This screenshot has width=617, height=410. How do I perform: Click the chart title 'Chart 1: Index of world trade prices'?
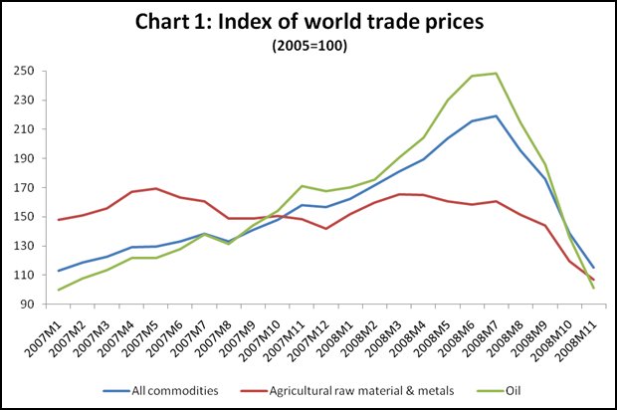(309, 21)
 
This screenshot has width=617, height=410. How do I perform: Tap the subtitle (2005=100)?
(309, 46)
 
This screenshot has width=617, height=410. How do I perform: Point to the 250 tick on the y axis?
(25, 72)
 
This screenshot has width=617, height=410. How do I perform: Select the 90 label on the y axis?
(28, 305)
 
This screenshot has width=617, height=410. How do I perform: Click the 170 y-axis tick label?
(25, 188)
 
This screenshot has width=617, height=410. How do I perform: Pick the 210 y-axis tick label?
(25, 129)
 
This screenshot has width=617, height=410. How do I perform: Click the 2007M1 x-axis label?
(44, 339)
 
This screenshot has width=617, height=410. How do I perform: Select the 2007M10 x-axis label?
(261, 340)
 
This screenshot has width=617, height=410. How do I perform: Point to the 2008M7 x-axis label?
(482, 339)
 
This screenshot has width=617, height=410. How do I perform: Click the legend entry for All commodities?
(160, 391)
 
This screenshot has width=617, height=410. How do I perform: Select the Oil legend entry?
(499, 391)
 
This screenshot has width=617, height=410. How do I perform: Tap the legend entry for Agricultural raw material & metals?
(346, 391)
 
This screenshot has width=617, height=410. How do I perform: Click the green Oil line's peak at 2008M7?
(497, 74)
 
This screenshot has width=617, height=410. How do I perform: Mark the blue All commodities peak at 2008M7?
(497, 116)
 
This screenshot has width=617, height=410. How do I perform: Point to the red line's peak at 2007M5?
(156, 188)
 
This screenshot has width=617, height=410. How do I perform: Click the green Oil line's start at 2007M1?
(59, 290)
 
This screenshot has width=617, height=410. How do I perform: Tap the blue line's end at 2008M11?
(594, 268)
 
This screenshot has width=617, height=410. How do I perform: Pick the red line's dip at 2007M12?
(326, 229)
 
